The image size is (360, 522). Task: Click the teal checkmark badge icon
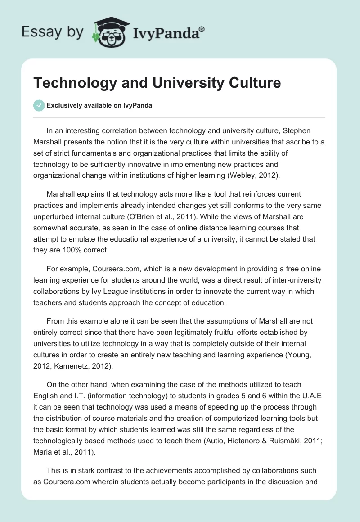point(39,105)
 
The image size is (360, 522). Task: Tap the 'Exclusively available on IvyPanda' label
point(99,106)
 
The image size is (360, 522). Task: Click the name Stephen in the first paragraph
point(307,132)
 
